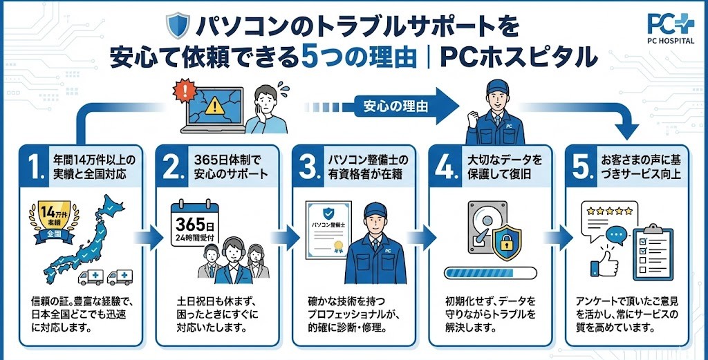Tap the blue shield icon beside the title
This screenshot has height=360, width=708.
click(176, 26)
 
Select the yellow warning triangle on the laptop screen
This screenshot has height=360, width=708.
click(216, 105)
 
